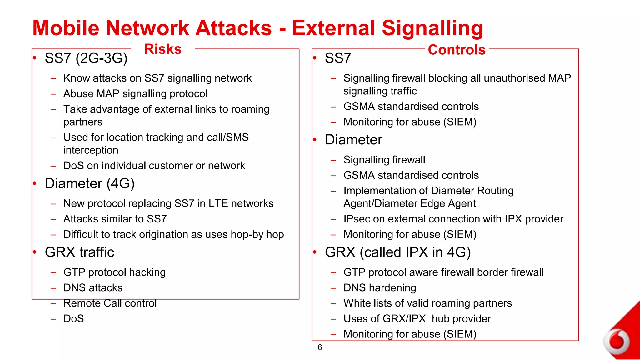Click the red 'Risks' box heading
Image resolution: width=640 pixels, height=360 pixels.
point(163,49)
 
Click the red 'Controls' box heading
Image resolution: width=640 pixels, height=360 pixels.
point(457,50)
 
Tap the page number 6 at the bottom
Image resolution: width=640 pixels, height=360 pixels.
point(320,347)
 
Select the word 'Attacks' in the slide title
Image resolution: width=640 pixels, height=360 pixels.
point(233,28)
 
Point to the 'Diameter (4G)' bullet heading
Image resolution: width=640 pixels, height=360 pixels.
point(90,183)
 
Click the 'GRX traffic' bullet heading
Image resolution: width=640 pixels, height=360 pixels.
point(79,252)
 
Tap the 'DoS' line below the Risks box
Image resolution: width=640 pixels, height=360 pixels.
point(73,319)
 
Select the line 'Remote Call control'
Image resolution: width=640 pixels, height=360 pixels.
point(110,303)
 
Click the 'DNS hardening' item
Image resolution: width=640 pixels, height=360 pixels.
point(379,288)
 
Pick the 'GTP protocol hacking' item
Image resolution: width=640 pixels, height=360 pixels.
point(114,272)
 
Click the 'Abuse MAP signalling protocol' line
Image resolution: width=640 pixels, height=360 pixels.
point(135,94)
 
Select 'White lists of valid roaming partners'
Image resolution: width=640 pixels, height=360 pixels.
point(427,303)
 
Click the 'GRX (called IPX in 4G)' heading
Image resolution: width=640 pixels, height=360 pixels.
point(397,252)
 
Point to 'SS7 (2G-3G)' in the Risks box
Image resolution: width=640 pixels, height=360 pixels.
point(86,58)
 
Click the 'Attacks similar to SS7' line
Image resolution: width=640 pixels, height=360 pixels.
point(115,219)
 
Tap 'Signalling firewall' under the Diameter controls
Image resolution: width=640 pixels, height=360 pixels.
point(384,160)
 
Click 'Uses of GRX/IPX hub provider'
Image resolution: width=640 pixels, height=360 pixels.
point(417,319)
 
